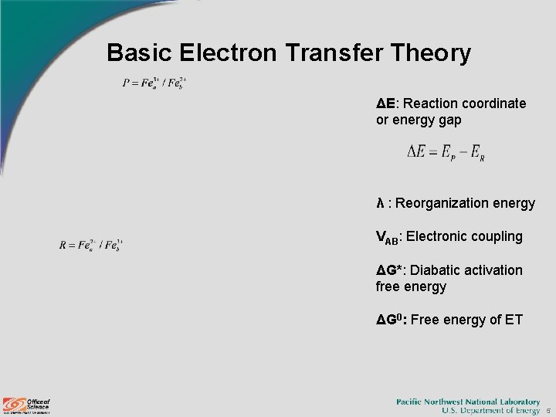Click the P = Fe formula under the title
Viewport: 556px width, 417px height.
tap(154, 83)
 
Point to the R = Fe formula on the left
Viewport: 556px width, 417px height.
tap(91, 245)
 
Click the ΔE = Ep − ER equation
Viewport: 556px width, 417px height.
tap(446, 152)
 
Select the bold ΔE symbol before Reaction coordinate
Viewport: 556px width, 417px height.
tap(385, 103)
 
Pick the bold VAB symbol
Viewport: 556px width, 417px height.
tap(387, 237)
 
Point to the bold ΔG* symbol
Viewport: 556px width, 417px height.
tap(392, 270)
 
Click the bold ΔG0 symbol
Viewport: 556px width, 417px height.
tap(391, 320)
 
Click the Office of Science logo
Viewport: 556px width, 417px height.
tap(26, 405)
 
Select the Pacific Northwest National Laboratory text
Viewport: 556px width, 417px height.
tap(468, 402)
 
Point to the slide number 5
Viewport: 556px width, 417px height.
tap(548, 412)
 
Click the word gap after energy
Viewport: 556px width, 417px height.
tap(449, 120)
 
